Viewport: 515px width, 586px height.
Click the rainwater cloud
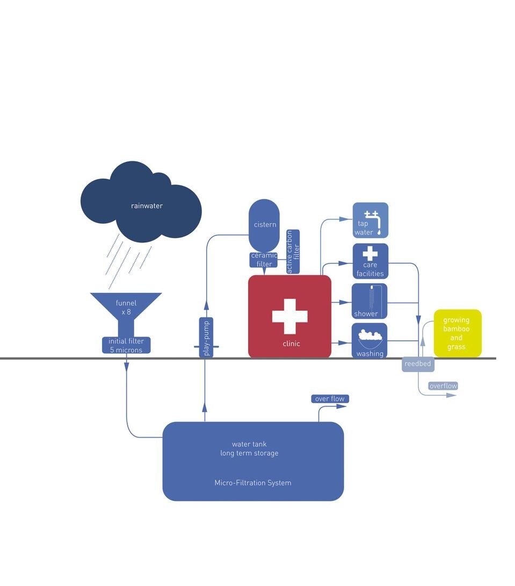pos(141,207)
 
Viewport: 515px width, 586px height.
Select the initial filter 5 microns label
pos(126,346)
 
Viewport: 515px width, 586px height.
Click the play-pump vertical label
pos(206,338)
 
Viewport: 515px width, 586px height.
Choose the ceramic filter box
pos(264,260)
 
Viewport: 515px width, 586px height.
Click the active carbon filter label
pos(293,252)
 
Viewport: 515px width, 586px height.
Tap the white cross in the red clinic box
pos(289,316)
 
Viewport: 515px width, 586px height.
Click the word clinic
pos(291,344)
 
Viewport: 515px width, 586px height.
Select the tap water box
pos(370,220)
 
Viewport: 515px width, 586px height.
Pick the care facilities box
pos(370,261)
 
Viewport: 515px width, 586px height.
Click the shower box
pos(369,302)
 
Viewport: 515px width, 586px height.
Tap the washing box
pos(369,341)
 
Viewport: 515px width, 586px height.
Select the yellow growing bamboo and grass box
pos(457,333)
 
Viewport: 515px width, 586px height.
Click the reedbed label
pos(418,364)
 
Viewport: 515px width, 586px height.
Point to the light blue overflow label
pos(443,386)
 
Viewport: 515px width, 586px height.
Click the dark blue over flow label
pos(330,399)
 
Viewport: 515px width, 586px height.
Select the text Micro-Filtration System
pos(253,483)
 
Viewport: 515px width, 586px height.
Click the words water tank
pos(249,444)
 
